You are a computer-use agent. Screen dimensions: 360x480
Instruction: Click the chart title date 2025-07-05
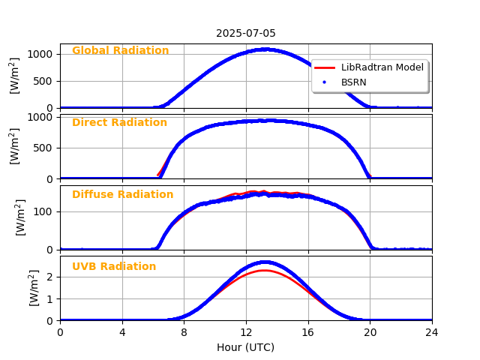pos(246,33)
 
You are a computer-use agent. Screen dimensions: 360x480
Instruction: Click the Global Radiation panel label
pos(120,51)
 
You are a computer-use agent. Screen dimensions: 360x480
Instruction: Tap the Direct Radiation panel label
pos(119,123)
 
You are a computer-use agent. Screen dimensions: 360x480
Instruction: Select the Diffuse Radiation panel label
pos(122,195)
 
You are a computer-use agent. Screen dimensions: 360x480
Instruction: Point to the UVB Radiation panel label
pos(114,267)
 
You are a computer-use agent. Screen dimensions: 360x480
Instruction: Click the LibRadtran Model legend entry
pos(382,67)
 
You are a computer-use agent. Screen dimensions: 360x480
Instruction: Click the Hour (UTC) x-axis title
pos(246,347)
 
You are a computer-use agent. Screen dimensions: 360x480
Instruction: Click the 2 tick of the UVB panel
pos(49,277)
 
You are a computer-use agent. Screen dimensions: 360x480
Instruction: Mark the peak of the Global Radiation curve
pos(265,49)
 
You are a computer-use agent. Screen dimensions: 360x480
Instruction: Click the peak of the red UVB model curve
pos(265,270)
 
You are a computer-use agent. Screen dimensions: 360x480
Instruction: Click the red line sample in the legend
pos(325,67)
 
